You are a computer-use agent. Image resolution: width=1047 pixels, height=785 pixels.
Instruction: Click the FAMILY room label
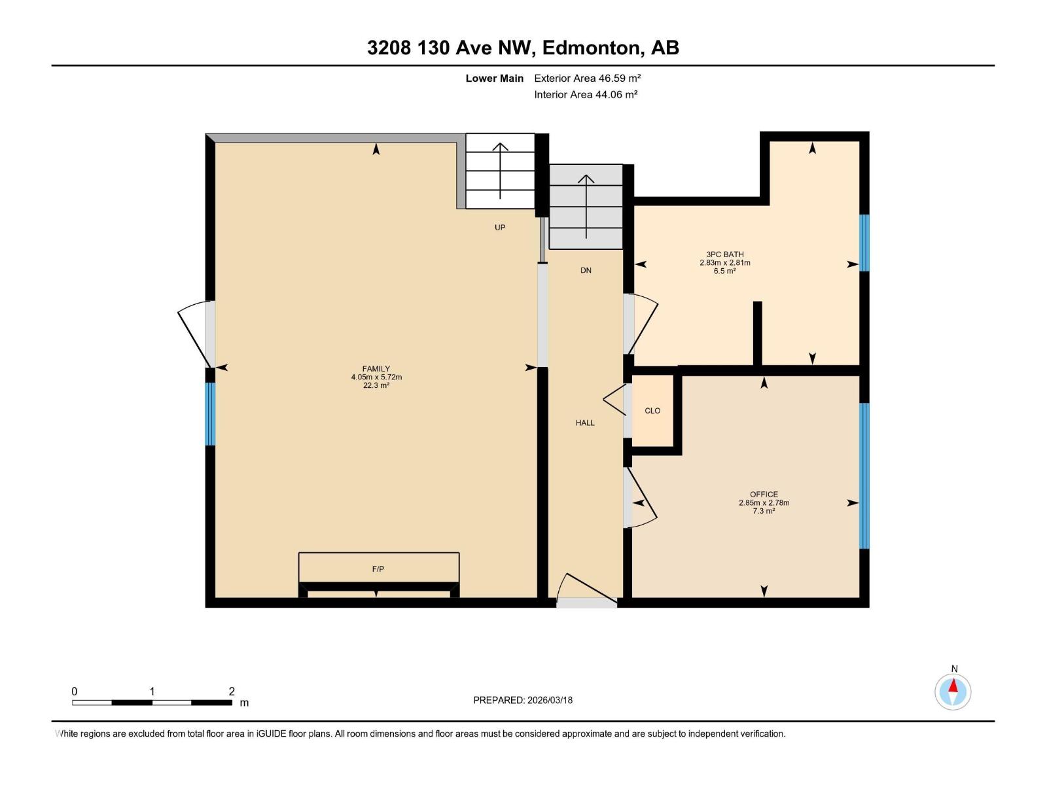click(376, 369)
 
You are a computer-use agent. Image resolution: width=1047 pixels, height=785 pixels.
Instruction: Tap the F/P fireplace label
click(378, 569)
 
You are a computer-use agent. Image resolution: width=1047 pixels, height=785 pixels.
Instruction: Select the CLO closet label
click(652, 411)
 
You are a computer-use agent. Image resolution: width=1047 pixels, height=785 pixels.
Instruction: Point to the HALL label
click(585, 423)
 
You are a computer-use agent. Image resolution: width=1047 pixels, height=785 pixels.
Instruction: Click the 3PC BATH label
click(724, 254)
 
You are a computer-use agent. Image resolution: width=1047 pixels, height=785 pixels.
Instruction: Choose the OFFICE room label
click(764, 495)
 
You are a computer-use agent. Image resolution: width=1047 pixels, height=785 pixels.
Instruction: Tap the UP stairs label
click(500, 228)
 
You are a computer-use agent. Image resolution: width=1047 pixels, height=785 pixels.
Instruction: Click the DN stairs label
click(586, 270)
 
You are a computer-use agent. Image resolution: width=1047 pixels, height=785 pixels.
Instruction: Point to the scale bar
click(152, 703)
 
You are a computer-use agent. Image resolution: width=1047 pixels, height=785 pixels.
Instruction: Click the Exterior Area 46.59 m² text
click(587, 78)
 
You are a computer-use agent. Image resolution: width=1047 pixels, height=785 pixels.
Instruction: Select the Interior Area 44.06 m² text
click(586, 94)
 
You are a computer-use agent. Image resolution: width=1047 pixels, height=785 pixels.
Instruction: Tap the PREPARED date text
click(523, 700)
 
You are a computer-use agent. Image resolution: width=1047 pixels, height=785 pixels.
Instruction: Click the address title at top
click(523, 48)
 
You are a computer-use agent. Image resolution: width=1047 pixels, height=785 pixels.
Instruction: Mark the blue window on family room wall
click(210, 413)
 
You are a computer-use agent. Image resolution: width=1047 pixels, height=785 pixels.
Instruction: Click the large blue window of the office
click(864, 476)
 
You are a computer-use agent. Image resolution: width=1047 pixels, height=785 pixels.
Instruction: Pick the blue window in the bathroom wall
click(864, 243)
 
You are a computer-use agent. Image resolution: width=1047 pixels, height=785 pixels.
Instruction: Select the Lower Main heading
click(495, 78)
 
